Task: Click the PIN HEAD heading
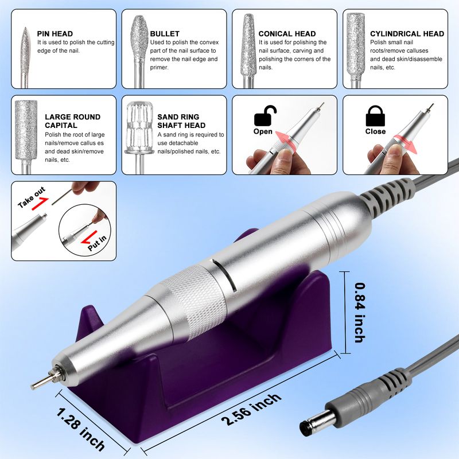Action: pos(55,34)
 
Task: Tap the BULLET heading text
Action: pos(165,34)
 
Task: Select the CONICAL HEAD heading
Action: pos(287,34)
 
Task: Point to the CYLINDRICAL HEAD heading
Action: pos(407,34)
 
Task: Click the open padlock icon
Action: pos(265,116)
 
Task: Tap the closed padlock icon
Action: pos(375,116)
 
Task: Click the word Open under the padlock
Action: pos(263,131)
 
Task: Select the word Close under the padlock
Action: pos(375,131)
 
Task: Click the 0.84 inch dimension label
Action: pos(360,312)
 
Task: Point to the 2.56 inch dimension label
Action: pos(251,409)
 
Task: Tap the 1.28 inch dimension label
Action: pos(80,430)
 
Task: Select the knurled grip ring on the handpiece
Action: pos(195,302)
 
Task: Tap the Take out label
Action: pos(32,197)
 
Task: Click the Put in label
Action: pos(98,243)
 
